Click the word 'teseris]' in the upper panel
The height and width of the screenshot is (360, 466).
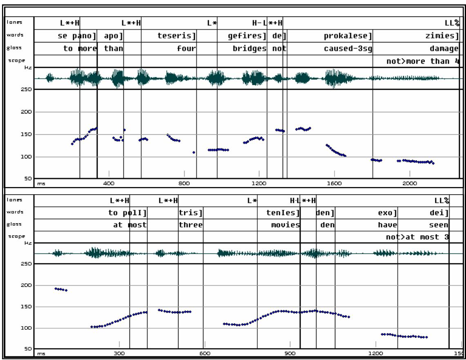click(x=176, y=36)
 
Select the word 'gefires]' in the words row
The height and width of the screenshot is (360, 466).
click(x=247, y=36)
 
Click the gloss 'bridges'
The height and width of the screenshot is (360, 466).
click(x=250, y=49)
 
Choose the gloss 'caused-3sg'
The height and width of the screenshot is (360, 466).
click(x=347, y=49)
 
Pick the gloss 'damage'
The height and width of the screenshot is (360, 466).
click(x=444, y=49)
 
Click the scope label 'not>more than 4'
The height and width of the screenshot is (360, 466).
click(x=423, y=61)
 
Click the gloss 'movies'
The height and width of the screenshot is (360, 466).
click(x=285, y=225)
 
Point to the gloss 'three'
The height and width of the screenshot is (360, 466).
click(x=191, y=225)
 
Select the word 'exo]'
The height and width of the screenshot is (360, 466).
click(x=388, y=213)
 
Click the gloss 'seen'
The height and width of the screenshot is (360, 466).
click(x=438, y=225)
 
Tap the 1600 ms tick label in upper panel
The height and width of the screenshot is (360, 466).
click(x=334, y=184)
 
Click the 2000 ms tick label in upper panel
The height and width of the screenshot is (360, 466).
click(x=409, y=184)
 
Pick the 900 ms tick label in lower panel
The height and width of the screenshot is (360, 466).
click(x=290, y=353)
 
